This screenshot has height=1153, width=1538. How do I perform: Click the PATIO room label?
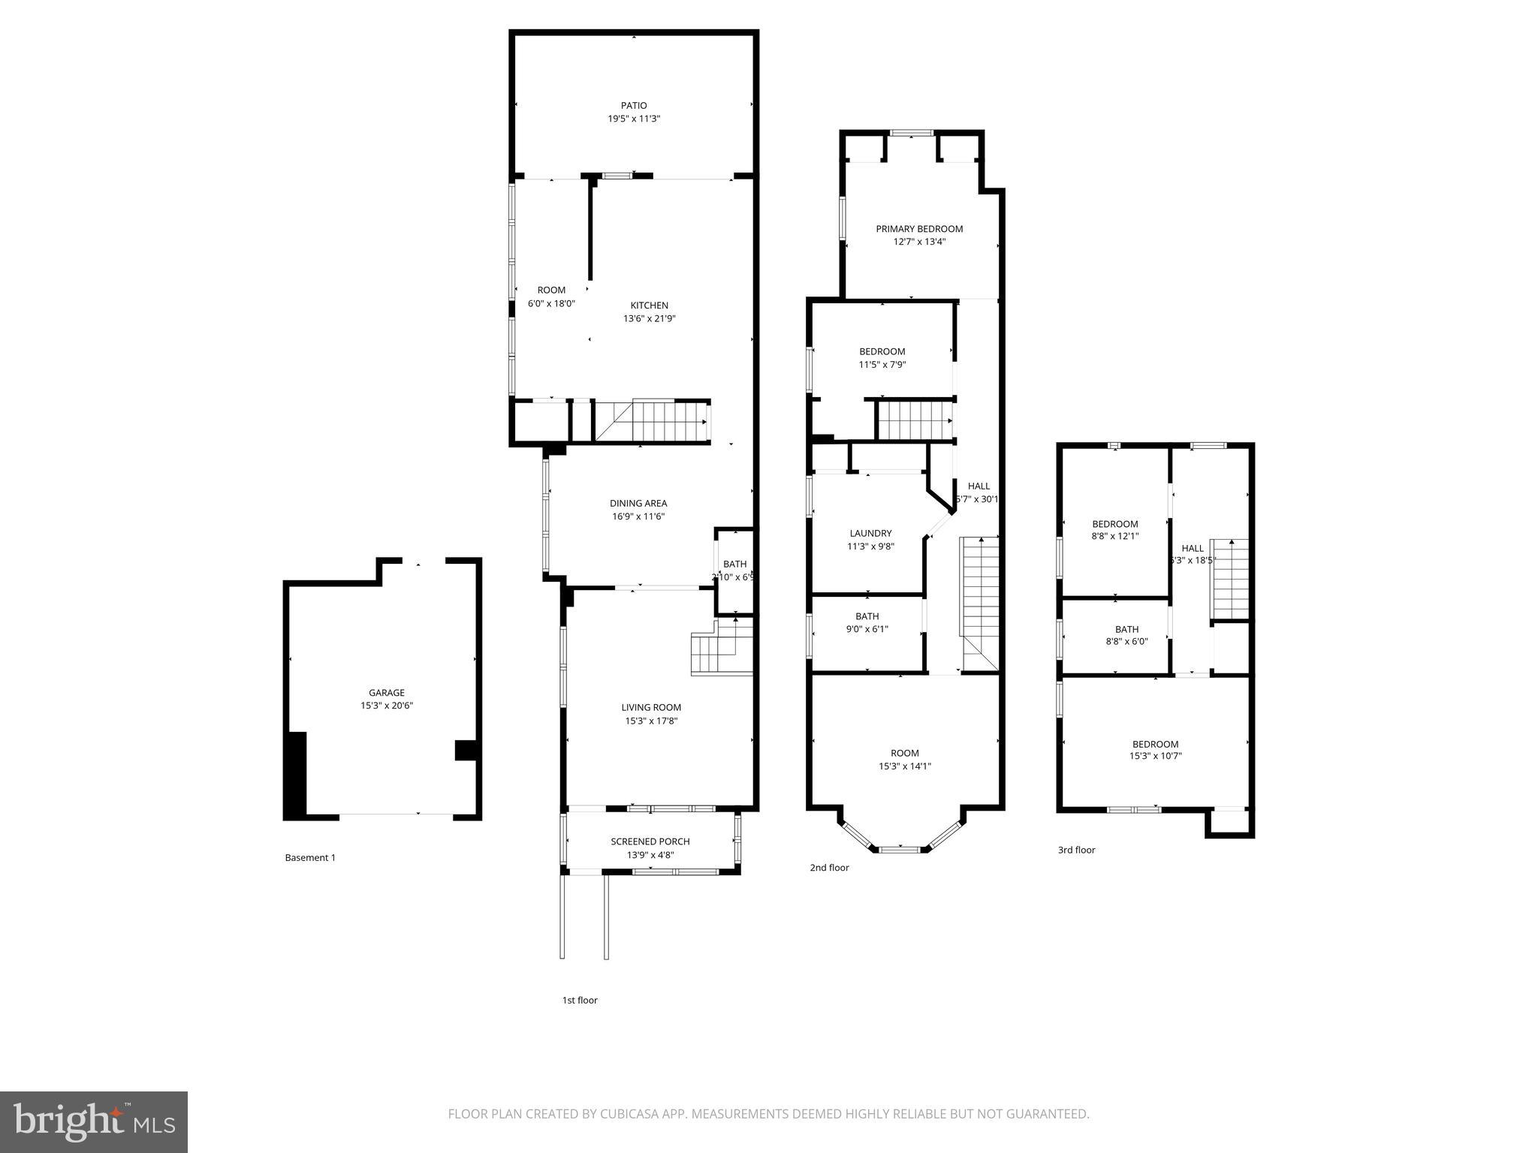coord(633,106)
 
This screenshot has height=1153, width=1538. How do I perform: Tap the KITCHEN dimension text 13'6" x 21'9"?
coord(649,318)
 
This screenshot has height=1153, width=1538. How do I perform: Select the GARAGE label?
coord(386,693)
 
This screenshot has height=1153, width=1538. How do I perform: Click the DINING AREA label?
coord(638,504)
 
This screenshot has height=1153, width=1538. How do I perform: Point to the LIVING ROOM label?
coord(650,707)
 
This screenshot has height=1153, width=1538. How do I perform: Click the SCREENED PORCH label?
coord(650,841)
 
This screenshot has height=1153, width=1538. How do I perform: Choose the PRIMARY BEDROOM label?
coord(918,229)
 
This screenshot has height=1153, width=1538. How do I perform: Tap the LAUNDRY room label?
coord(870,534)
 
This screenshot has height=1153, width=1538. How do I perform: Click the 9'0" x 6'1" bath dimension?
coord(867,629)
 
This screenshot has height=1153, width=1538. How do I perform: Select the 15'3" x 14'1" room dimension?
coord(904,766)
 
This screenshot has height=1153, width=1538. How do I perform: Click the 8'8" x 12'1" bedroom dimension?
coord(1114,536)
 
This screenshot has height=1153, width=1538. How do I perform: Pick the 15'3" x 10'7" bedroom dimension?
coord(1155,756)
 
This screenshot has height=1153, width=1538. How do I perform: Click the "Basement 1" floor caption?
coord(309,857)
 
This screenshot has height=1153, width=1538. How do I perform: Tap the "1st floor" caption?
coord(580,1000)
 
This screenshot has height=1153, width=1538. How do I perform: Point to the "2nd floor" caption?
coord(829,868)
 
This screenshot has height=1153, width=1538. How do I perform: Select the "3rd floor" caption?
coord(1076,850)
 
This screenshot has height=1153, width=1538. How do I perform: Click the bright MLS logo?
coord(94,1121)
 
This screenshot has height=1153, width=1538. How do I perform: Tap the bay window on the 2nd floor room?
coord(899,849)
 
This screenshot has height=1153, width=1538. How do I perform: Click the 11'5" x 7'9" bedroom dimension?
coord(882,365)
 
